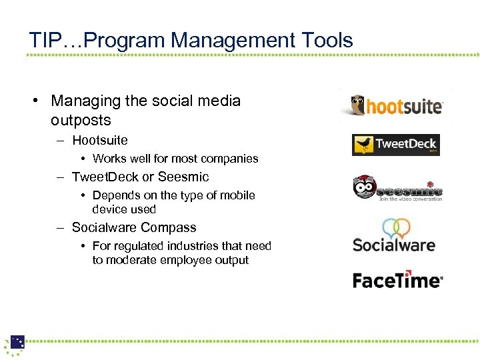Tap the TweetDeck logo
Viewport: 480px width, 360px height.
point(395,145)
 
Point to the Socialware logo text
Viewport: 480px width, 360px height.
point(393,245)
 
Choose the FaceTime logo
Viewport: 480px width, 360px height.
point(397,280)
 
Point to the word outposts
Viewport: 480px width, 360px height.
point(81,121)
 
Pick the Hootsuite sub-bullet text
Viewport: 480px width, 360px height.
point(100,140)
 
